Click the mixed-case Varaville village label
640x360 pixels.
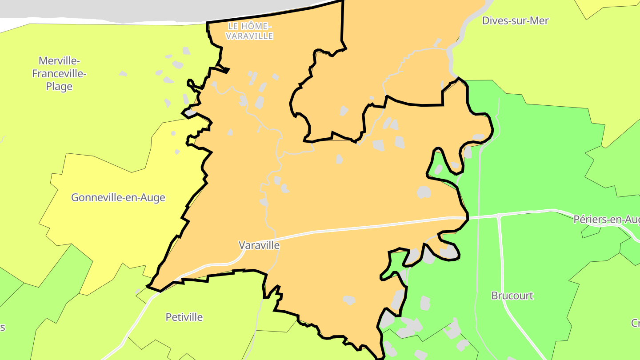(259, 245)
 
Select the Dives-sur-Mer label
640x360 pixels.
(515, 20)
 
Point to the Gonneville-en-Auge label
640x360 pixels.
(118, 198)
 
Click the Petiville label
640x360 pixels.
(184, 317)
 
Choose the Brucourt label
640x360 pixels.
(512, 296)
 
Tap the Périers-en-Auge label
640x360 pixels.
(606, 220)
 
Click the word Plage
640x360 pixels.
(59, 87)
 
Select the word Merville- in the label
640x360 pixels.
(59, 61)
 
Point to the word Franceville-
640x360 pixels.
(59, 74)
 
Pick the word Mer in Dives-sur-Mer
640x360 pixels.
(540, 20)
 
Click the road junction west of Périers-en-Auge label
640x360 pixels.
(499, 216)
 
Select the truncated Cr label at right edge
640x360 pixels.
(635, 323)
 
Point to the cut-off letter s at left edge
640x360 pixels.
(2, 328)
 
